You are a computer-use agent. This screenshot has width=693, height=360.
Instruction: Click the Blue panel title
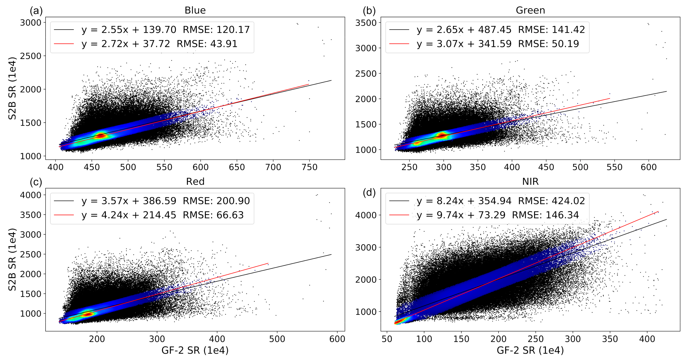[195, 10]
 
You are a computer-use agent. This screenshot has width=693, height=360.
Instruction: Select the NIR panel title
[530, 182]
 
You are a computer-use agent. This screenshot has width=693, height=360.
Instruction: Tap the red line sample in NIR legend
[399, 215]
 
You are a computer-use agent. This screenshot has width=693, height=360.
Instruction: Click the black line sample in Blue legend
[64, 30]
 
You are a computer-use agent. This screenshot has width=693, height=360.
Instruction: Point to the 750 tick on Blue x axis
[309, 167]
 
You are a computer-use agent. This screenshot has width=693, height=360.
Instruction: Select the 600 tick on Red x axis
[337, 339]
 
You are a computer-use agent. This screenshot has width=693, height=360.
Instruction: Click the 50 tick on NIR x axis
[387, 339]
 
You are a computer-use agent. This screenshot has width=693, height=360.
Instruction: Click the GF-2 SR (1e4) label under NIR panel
[530, 350]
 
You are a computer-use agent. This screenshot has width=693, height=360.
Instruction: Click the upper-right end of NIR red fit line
[658, 212]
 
